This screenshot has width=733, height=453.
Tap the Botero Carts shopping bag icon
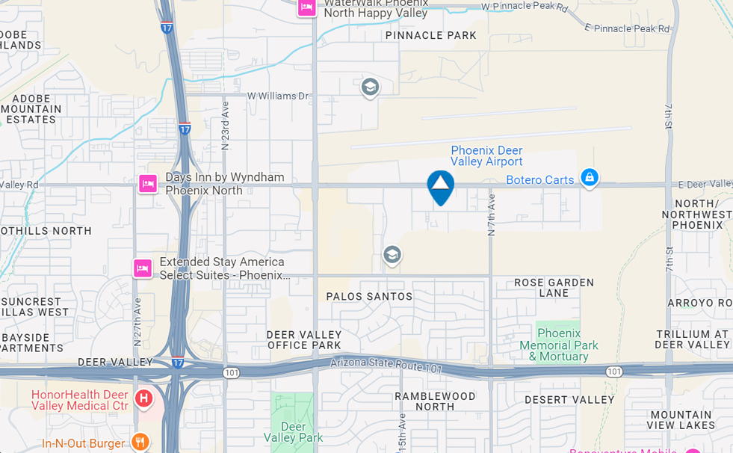(590, 178)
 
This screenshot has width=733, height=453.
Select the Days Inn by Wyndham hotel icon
(148, 183)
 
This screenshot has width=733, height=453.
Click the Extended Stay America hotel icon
(143, 268)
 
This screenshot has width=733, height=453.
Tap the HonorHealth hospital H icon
(143, 398)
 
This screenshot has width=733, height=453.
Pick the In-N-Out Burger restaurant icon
(140, 442)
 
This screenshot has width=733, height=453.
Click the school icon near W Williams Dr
(370, 87)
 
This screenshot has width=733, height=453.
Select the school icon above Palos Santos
(392, 256)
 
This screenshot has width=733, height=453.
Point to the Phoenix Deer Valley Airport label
(486, 155)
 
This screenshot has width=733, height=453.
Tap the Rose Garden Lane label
(554, 288)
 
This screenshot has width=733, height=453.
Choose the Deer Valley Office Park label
(304, 340)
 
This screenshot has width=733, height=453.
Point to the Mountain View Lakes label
(681, 419)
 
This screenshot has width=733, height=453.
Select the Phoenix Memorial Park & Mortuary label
(559, 345)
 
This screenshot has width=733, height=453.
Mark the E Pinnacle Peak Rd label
(627, 28)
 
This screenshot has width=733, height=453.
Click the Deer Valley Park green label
(294, 431)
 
